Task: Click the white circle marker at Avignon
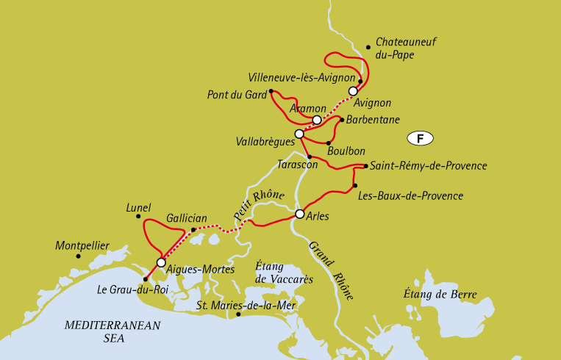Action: (x=353, y=91)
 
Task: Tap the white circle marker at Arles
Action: (x=299, y=214)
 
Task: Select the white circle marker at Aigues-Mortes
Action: (x=161, y=262)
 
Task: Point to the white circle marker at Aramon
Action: (x=316, y=120)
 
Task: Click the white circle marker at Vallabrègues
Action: (x=299, y=134)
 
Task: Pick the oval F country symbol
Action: (x=420, y=138)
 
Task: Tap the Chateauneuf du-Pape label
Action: (x=405, y=48)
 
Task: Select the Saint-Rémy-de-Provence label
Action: (x=429, y=166)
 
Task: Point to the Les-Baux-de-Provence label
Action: (x=410, y=196)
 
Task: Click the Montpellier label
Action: (x=82, y=245)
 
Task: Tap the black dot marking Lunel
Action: (x=138, y=216)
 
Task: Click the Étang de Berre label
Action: (x=440, y=295)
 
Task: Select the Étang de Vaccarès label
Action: (x=283, y=273)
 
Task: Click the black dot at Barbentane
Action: (x=341, y=119)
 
